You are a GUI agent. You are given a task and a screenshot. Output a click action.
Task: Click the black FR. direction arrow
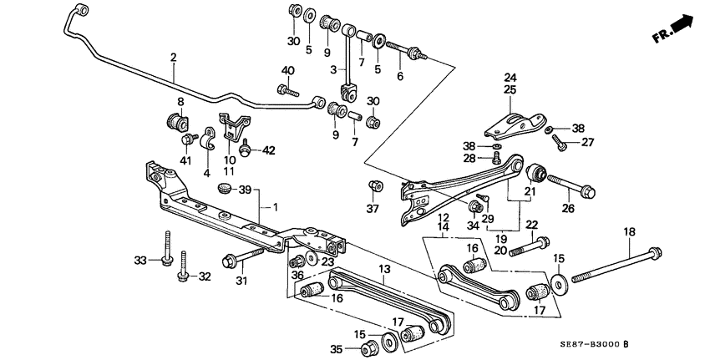pyautogui.click(x=682, y=24)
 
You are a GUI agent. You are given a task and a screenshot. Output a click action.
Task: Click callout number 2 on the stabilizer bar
pyautogui.click(x=173, y=58)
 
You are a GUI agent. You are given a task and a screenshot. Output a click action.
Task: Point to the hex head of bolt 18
pyautogui.click(x=654, y=251)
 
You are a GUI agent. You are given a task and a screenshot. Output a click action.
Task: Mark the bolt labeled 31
pyautogui.click(x=231, y=260)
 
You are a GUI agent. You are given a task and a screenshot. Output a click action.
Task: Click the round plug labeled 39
pyautogui.click(x=224, y=186)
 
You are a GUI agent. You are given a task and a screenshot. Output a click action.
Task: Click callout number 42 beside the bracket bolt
pyautogui.click(x=268, y=151)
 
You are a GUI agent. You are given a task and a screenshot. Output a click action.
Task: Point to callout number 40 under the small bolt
pyautogui.click(x=288, y=69)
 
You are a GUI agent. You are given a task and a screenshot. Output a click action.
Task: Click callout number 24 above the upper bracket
pyautogui.click(x=510, y=78)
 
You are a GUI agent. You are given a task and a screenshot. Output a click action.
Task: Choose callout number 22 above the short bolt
pyautogui.click(x=531, y=224)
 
